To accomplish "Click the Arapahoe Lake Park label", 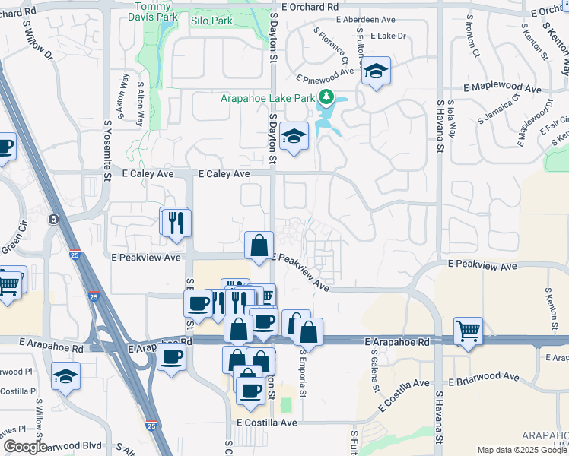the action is [268, 98].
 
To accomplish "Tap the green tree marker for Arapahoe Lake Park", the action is [326, 97].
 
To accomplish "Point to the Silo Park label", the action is [213, 21].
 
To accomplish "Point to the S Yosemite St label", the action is [107, 144].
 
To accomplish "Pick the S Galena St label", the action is [375, 369].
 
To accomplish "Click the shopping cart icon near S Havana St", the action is [468, 331].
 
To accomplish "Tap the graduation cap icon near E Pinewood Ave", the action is [375, 71].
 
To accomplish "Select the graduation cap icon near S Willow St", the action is [66, 375].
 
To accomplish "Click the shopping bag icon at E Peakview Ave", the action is [259, 245].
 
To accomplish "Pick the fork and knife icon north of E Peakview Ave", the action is [176, 223].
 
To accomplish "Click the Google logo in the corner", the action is [25, 447].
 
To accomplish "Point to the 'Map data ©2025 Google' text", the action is [521, 450].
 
